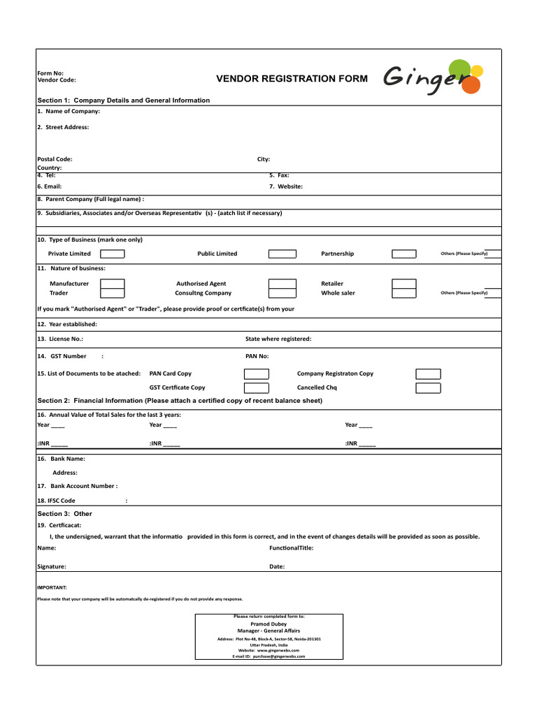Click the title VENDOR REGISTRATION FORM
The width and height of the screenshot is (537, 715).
click(x=292, y=79)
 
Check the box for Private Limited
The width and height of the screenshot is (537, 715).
click(x=113, y=254)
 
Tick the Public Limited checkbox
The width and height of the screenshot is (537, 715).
click(x=282, y=254)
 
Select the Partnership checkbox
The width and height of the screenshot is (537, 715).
click(x=403, y=254)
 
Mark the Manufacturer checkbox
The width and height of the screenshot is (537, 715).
click(x=113, y=283)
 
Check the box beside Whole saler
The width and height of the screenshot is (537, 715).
click(x=403, y=293)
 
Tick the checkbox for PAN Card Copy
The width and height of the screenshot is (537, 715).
click(x=256, y=374)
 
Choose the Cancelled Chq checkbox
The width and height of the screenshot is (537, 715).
click(x=428, y=388)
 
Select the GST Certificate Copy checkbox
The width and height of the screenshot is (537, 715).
click(x=256, y=388)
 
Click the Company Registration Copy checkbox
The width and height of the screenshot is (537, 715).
click(x=428, y=374)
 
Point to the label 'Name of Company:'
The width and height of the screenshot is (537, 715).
click(x=68, y=111)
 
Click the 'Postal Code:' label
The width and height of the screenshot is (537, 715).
click(x=55, y=159)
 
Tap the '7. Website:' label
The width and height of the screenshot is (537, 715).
click(x=286, y=186)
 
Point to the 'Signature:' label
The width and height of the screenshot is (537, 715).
click(x=52, y=566)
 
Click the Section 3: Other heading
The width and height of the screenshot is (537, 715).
click(x=64, y=514)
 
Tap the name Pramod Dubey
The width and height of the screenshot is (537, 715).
click(x=268, y=624)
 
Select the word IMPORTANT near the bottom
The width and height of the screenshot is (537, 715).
click(x=52, y=588)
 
